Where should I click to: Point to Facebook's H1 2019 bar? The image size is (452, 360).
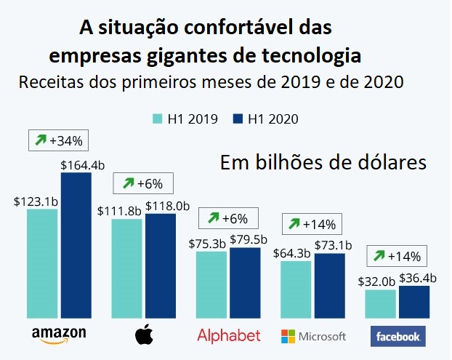[x=381, y=305]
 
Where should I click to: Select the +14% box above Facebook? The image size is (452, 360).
[x=397, y=256]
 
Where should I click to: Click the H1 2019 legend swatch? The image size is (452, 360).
[x=158, y=118]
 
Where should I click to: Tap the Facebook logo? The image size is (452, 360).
[x=397, y=336]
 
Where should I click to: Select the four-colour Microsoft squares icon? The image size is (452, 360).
[x=289, y=336]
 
